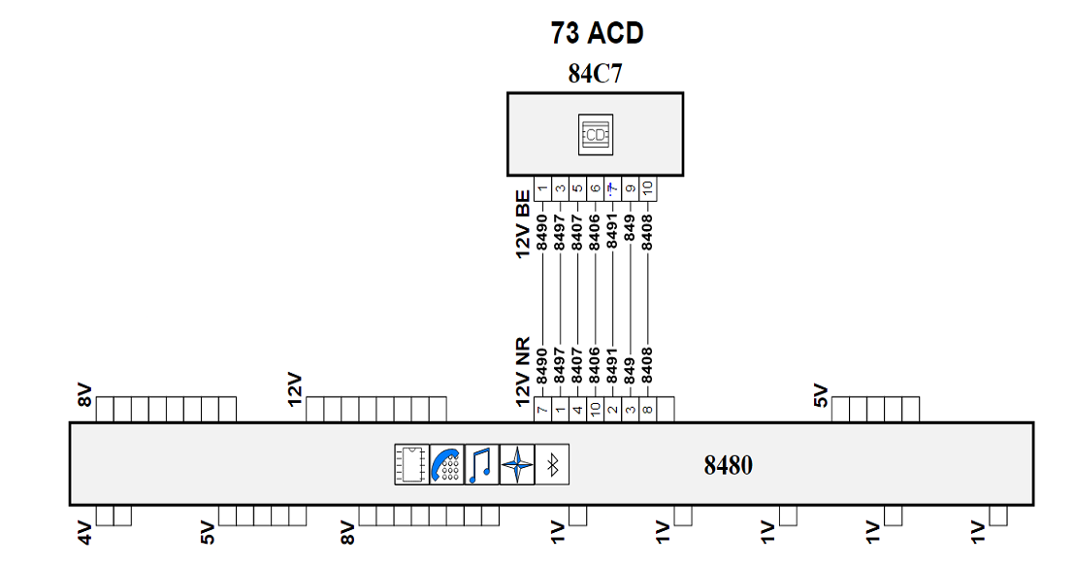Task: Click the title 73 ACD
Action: click(x=597, y=33)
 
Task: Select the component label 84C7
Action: click(x=596, y=74)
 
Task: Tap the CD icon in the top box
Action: click(x=596, y=134)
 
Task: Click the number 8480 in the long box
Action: click(x=728, y=465)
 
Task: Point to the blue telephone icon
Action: click(x=446, y=465)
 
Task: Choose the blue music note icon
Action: click(x=481, y=465)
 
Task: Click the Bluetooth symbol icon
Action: click(x=552, y=465)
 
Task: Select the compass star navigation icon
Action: click(x=517, y=465)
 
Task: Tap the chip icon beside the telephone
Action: click(x=411, y=465)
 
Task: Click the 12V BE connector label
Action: click(x=523, y=224)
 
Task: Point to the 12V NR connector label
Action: click(x=523, y=371)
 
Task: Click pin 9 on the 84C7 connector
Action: click(x=631, y=188)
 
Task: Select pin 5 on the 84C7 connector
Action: click(x=577, y=188)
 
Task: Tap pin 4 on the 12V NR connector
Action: click(x=577, y=410)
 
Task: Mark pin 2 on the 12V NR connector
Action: click(x=612, y=410)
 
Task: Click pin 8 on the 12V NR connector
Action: click(x=647, y=410)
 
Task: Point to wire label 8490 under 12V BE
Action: click(x=542, y=232)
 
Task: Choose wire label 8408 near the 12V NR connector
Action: click(x=647, y=365)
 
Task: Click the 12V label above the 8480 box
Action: click(x=295, y=388)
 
